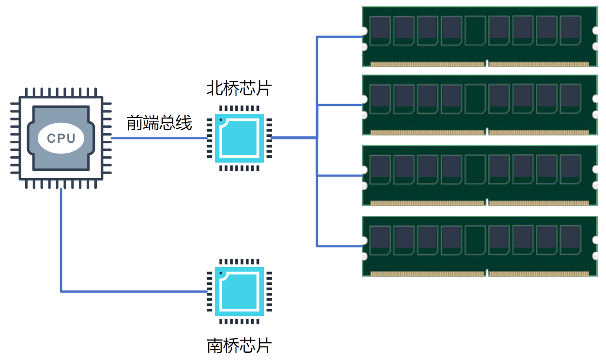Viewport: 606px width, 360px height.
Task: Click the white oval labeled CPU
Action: point(61,138)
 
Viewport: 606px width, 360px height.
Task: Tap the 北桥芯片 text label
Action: point(239,88)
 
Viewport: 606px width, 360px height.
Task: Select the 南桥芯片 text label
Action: point(239,345)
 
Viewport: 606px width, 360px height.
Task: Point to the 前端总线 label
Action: point(159,122)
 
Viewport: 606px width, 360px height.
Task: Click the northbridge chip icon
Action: point(239,138)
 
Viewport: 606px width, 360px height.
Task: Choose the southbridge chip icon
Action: point(239,291)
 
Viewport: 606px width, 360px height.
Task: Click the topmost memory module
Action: point(480,37)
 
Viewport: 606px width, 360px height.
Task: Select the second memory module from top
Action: point(480,105)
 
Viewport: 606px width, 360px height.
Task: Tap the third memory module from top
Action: point(480,176)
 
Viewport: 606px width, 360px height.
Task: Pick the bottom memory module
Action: point(480,246)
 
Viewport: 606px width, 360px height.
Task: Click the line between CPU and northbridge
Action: point(159,138)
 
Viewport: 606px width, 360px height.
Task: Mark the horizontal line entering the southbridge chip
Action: point(134,291)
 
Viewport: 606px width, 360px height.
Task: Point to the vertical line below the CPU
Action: point(61,240)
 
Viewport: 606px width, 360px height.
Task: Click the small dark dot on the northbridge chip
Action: point(221,120)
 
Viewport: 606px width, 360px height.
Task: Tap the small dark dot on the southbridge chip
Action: point(221,273)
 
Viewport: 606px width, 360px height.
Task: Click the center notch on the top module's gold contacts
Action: point(487,63)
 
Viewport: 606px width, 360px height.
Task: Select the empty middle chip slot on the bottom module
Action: point(475,240)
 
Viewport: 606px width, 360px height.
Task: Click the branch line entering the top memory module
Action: point(339,36)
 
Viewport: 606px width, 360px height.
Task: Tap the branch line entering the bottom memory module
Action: point(339,246)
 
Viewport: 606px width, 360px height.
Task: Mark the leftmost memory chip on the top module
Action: point(380,30)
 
